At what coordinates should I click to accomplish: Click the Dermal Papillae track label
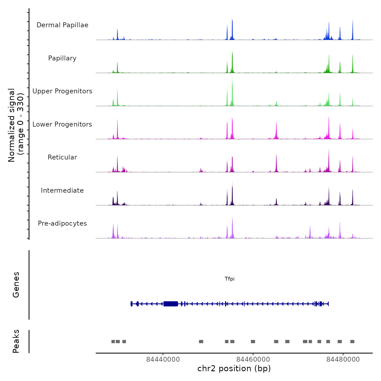(x=62, y=25)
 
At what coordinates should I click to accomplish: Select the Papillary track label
(x=62, y=58)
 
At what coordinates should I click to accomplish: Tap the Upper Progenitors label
(x=62, y=91)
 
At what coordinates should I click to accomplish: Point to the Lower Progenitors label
(x=62, y=124)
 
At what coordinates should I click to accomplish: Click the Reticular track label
(x=62, y=157)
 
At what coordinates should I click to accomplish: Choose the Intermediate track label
(x=62, y=190)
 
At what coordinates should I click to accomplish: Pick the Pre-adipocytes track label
(x=62, y=223)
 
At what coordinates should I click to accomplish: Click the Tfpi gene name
(x=229, y=279)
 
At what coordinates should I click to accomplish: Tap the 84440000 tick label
(x=163, y=360)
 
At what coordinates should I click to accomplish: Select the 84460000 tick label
(x=253, y=360)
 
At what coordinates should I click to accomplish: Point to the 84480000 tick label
(x=343, y=360)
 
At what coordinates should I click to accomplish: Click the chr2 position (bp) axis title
(x=234, y=368)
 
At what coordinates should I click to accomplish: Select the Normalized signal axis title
(x=16, y=125)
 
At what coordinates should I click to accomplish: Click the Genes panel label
(x=16, y=285)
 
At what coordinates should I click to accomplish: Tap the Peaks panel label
(x=16, y=341)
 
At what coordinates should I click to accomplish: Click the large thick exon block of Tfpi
(x=171, y=304)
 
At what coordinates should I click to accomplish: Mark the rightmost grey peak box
(x=352, y=342)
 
